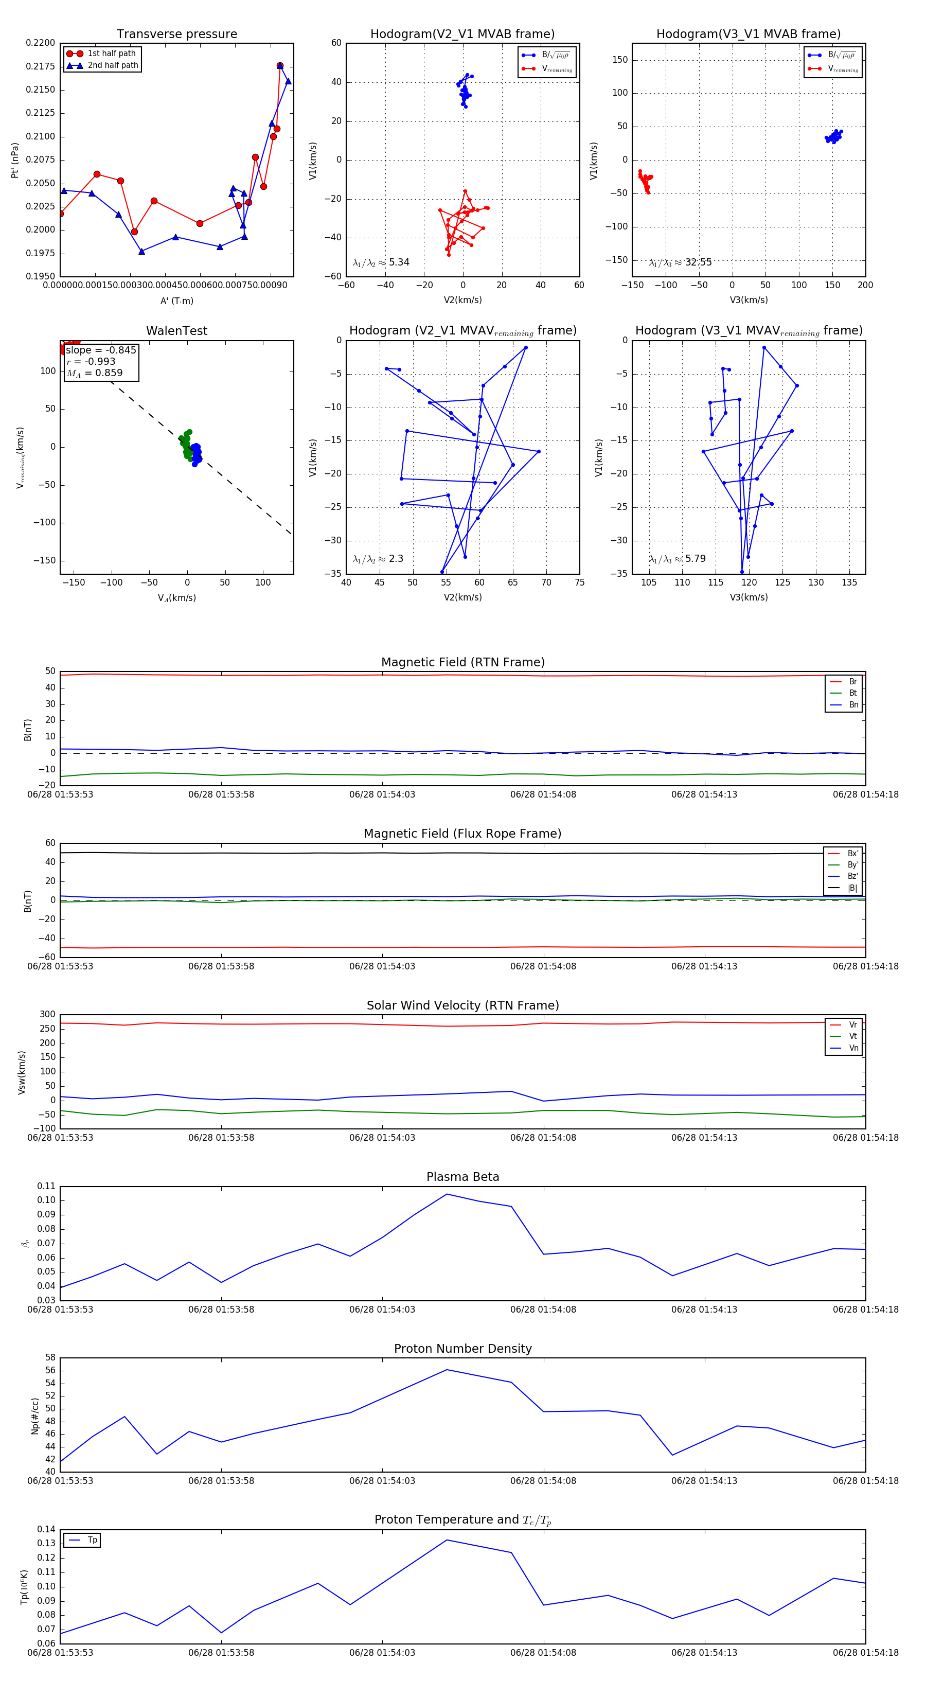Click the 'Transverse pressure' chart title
(176, 34)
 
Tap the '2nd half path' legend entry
(113, 65)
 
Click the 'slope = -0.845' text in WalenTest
(101, 350)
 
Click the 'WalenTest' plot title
(176, 331)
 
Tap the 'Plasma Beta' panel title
(462, 1177)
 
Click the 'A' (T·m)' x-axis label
(176, 300)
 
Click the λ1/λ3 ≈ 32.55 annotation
(680, 262)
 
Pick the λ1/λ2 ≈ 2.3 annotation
(378, 559)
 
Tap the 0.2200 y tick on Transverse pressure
(40, 43)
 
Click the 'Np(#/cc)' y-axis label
(35, 1417)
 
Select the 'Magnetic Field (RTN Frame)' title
(462, 662)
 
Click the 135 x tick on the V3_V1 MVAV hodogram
(849, 582)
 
